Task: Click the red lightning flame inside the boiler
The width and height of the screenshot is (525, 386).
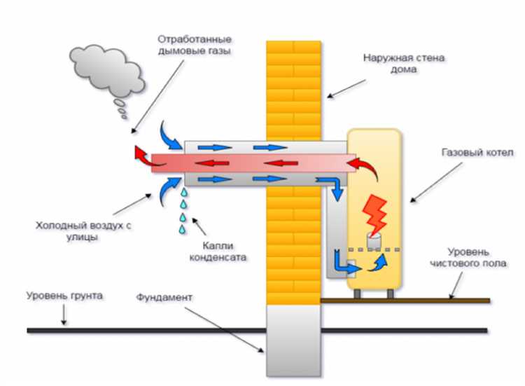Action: [376, 213]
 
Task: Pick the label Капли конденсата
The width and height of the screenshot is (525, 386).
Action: [222, 251]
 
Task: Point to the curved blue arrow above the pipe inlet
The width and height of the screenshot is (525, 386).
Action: [170, 132]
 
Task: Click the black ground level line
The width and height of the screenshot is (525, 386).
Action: [140, 329]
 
